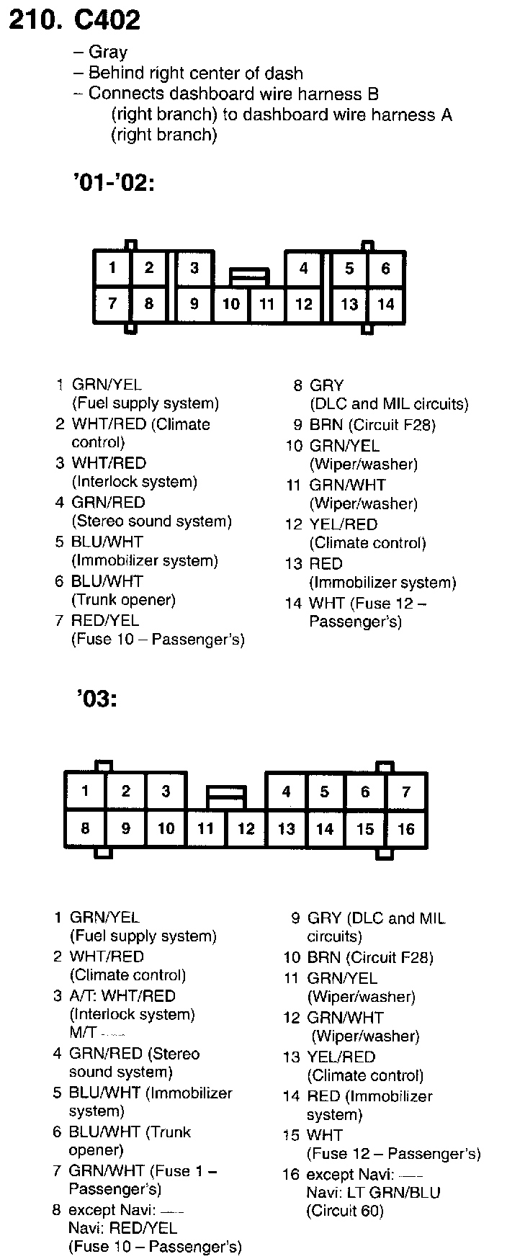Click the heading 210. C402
74,19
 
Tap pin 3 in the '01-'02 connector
194,269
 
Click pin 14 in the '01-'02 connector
386,304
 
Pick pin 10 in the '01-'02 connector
230,304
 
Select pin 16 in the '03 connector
406,829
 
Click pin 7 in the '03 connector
406,792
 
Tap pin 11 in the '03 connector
206,829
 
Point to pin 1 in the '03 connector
85,792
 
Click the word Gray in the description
107,53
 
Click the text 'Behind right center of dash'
195,73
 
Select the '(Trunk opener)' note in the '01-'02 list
123,600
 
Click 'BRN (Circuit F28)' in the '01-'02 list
372,425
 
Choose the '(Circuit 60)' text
345,1211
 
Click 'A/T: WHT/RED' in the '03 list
122,996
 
